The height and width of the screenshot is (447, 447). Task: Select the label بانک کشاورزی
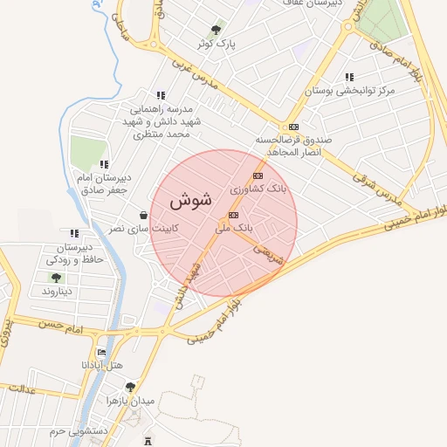[x=258, y=188]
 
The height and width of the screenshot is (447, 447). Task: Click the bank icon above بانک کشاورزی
[x=258, y=175]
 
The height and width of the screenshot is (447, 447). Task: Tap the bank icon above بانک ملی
[x=233, y=215]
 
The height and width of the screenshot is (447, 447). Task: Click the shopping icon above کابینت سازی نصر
[x=142, y=215]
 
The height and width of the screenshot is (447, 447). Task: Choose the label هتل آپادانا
[x=102, y=363]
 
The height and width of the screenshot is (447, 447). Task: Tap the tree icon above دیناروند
[x=56, y=278]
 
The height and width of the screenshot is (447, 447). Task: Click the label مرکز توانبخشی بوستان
[x=349, y=90]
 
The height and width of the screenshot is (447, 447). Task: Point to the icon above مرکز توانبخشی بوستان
[x=349, y=78]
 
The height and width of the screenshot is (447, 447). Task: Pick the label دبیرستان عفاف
[x=309, y=3]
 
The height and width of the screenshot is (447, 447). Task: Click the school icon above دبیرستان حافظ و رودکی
[x=74, y=233]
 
